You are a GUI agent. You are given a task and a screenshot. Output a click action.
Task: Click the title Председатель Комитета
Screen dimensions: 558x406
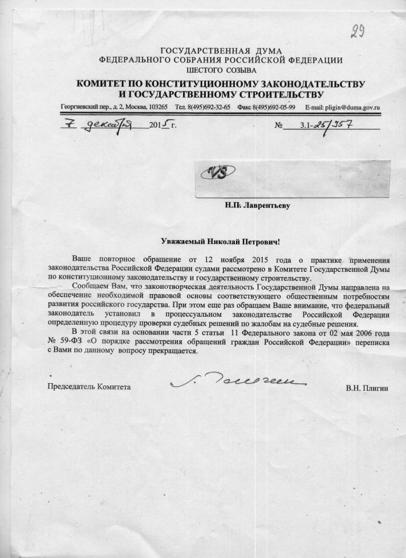click(x=89, y=387)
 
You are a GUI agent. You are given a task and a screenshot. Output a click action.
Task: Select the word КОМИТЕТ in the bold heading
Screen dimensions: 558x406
click(x=104, y=84)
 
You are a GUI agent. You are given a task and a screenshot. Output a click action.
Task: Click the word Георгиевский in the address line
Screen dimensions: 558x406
click(x=79, y=107)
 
